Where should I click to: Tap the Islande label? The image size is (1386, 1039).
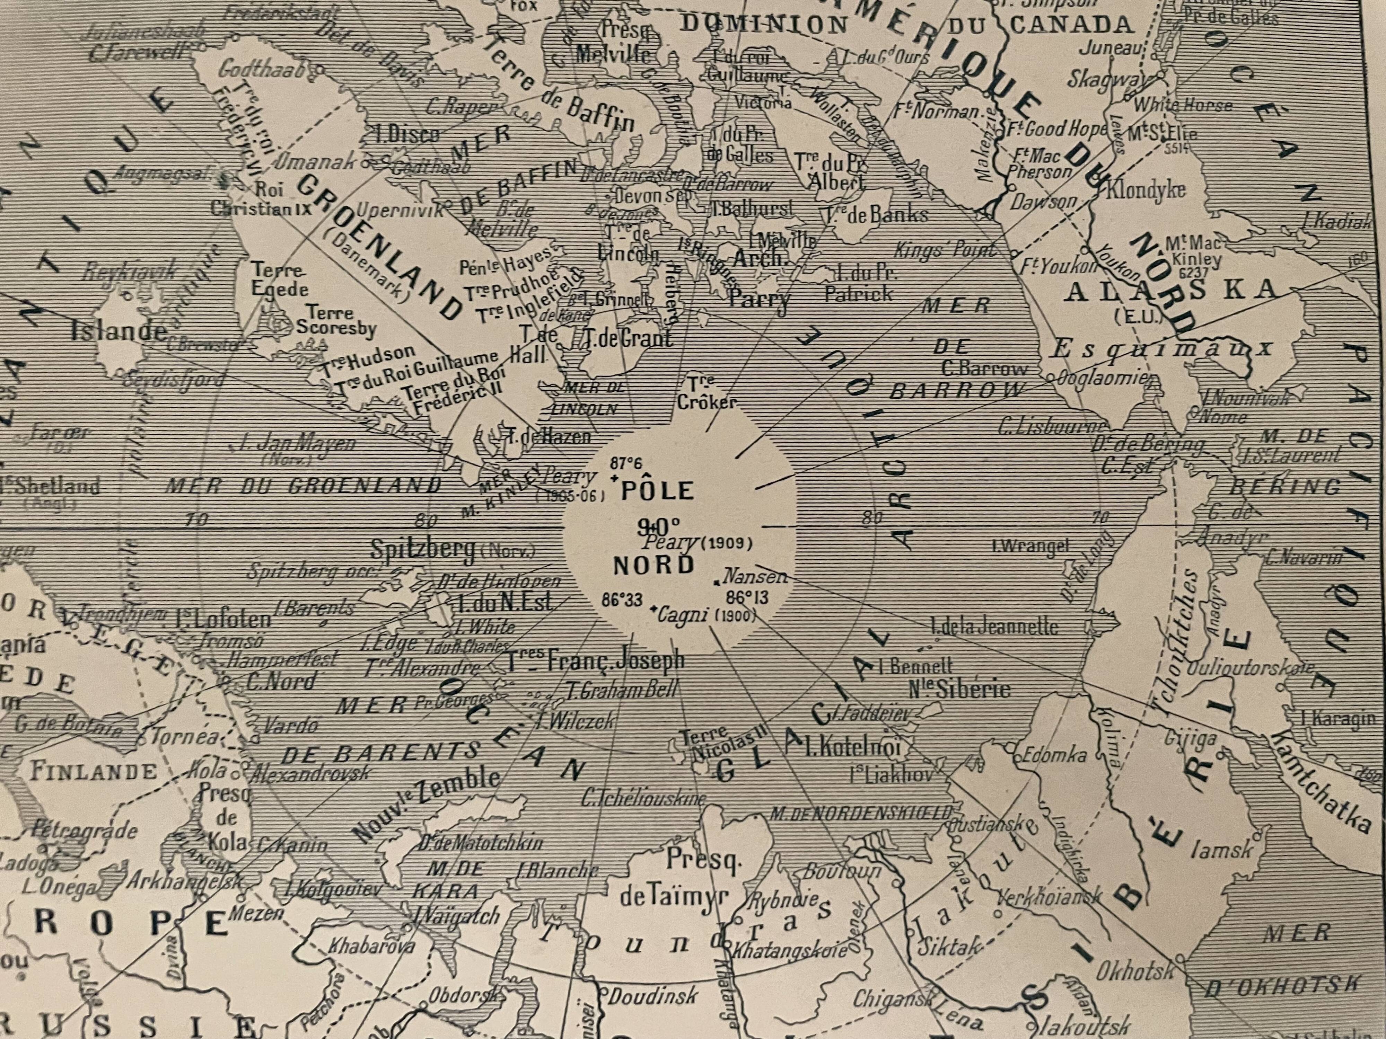point(119,330)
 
